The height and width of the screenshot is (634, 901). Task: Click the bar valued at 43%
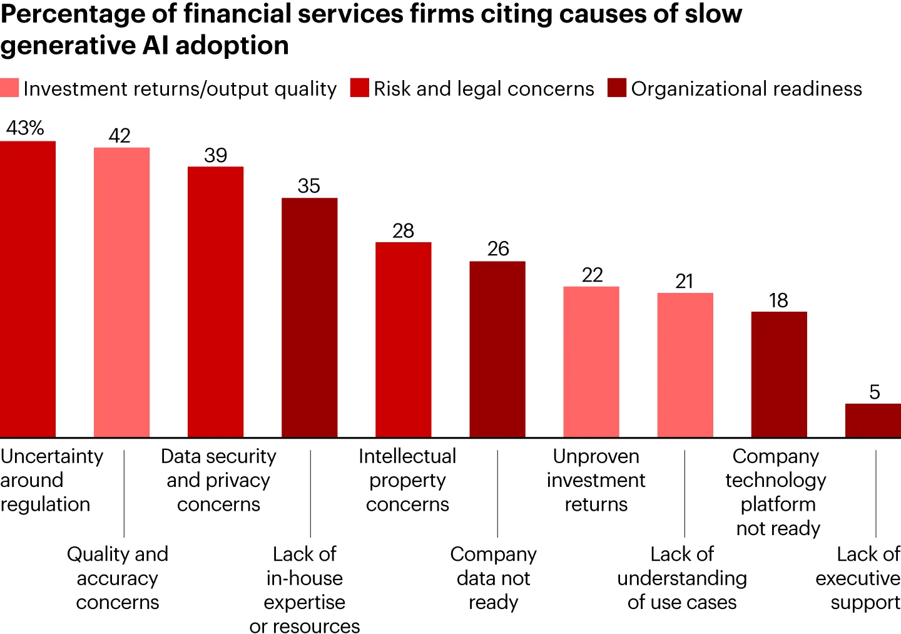[28, 289]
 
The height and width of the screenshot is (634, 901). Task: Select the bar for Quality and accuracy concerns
[122, 292]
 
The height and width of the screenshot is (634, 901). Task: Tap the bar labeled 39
[216, 302]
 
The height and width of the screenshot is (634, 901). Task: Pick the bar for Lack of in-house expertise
[309, 317]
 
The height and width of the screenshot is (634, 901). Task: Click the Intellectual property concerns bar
[404, 339]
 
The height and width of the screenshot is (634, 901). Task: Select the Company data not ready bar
[497, 349]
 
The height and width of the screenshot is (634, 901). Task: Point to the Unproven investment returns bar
[591, 362]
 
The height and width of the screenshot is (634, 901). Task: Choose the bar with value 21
[685, 365]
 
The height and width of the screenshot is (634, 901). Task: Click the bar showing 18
[779, 374]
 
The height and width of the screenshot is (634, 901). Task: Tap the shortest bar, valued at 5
[873, 420]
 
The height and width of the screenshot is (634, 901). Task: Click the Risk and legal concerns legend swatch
[360, 88]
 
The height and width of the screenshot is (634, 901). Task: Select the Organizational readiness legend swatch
[617, 88]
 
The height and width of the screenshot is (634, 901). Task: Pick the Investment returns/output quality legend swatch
[9, 88]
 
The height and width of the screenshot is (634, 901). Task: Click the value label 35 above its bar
[309, 186]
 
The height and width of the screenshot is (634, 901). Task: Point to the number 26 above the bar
[498, 248]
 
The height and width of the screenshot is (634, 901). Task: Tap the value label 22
[592, 275]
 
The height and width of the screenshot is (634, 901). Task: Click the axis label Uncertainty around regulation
[51, 480]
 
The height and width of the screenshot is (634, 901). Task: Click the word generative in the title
[68, 46]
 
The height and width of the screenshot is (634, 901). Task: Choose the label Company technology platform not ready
[776, 492]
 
